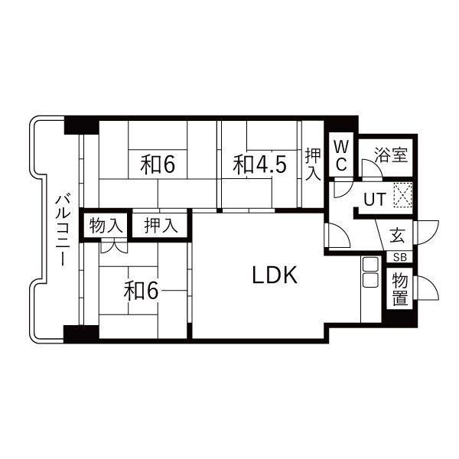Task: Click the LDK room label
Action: point(275,275)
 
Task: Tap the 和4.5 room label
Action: point(259,164)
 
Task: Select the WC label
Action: point(341,155)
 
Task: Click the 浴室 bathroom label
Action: point(391,155)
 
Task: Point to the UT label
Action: point(375,200)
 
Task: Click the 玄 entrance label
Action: point(397,236)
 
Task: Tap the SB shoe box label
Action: point(399,257)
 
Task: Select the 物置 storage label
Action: point(400,288)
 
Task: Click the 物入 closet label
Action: point(106,226)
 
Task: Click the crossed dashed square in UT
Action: point(403,194)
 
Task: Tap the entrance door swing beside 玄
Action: point(427,233)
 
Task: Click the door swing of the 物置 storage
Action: point(427,288)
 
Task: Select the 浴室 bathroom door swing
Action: point(372,169)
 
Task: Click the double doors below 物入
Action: point(115,246)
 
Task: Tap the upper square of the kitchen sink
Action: point(370,265)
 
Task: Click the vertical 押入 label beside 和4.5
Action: point(313,164)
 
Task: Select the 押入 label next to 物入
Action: point(161,226)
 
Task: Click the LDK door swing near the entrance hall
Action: point(337,236)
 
